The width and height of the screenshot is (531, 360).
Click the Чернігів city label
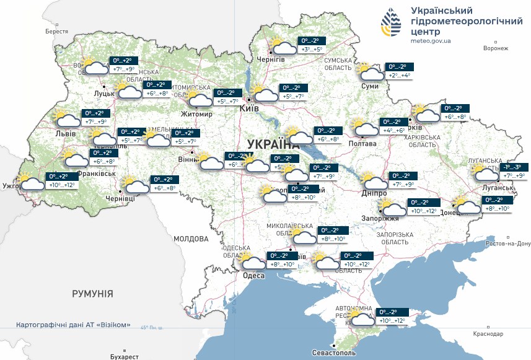tap(270, 59)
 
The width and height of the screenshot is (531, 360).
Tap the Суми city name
tap(370, 86)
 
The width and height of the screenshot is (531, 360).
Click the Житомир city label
tap(196, 115)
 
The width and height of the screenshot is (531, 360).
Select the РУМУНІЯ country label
tap(92, 293)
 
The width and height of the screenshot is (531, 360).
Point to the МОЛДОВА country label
tap(191, 239)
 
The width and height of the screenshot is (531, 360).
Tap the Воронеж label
tap(495, 48)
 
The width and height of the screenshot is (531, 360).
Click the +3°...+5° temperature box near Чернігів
tap(312, 50)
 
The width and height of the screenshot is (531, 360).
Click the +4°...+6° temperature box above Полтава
tap(394, 131)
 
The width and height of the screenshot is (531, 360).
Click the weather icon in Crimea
tap(361, 317)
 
